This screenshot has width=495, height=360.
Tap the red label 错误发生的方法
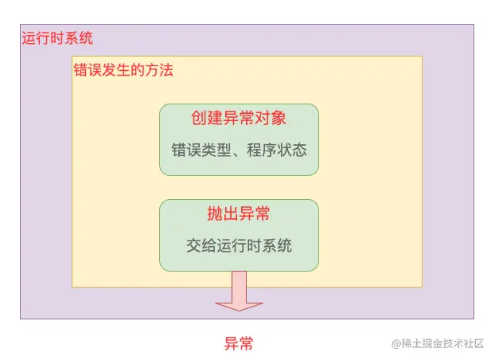pyautogui.click(x=123, y=70)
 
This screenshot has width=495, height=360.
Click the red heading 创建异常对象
pyautogui.click(x=239, y=118)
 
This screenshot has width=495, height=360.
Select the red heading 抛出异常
pyautogui.click(x=239, y=213)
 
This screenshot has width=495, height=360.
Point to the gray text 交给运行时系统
pyautogui.click(x=239, y=245)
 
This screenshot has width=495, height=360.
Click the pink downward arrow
pyautogui.click(x=239, y=290)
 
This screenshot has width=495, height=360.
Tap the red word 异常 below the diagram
pyautogui.click(x=239, y=344)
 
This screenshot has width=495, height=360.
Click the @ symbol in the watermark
pyautogui.click(x=395, y=344)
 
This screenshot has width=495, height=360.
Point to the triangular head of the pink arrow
pyautogui.click(x=239, y=304)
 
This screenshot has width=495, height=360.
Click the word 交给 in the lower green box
pyautogui.click(x=197, y=245)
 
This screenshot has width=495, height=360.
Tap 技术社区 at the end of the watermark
pyautogui.click(x=464, y=344)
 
